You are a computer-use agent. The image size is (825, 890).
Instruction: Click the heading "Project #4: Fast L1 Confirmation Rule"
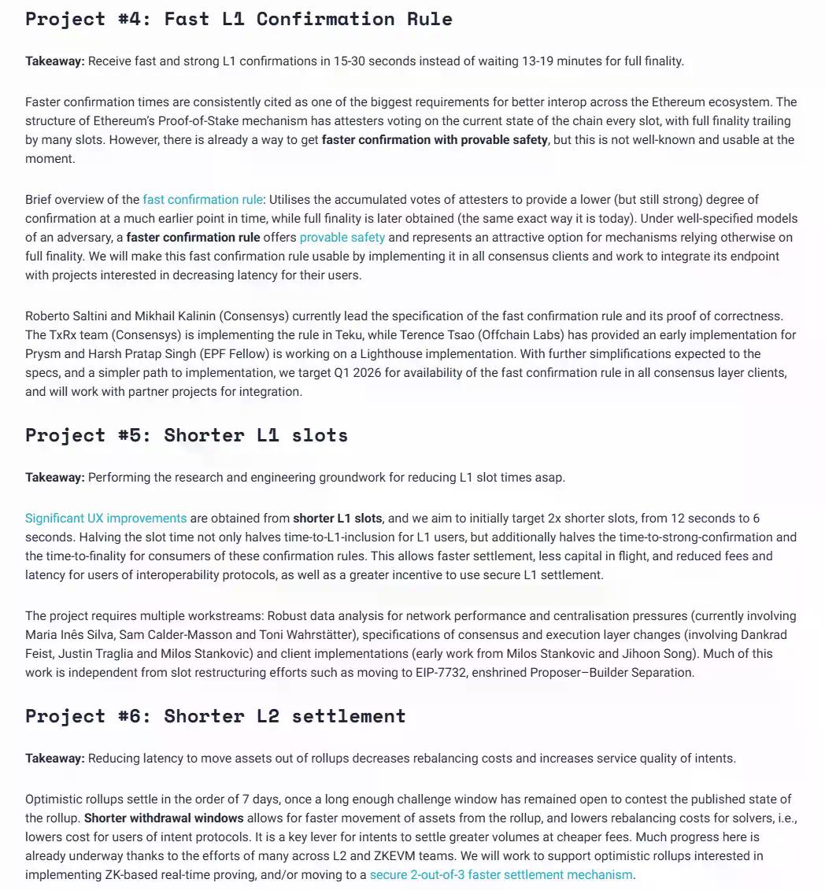pos(239,19)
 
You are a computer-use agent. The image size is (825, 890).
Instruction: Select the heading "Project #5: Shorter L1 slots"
pos(187,435)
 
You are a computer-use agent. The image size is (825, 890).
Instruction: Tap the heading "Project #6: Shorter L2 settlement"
pos(216,716)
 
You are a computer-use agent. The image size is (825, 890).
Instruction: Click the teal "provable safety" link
pos(342,238)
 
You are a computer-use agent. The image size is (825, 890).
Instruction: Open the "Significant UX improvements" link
pos(105,519)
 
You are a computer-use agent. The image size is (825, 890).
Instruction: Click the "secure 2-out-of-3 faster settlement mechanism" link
pos(501,875)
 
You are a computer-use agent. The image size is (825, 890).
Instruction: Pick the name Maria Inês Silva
pos(67,635)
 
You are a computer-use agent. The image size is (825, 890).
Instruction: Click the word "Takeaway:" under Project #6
pos(54,759)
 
